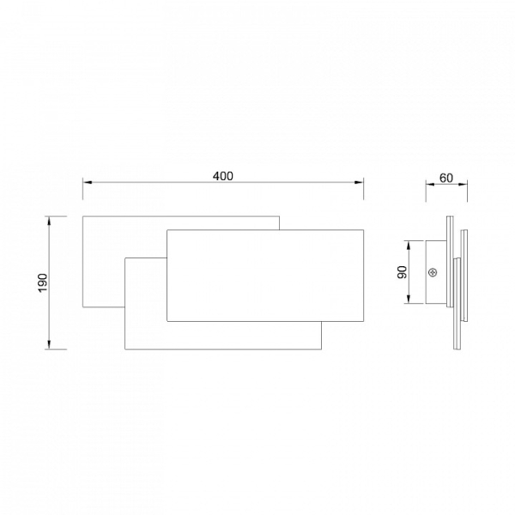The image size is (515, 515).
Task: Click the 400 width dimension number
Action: (x=223, y=176)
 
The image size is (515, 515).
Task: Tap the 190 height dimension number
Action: (x=43, y=282)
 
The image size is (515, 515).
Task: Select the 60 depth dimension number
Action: (x=446, y=178)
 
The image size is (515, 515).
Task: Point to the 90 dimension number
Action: (x=402, y=272)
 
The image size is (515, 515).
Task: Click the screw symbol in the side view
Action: (x=433, y=272)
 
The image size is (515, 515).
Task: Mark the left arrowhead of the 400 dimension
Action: (x=88, y=182)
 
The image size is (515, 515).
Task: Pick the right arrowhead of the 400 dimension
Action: (x=359, y=182)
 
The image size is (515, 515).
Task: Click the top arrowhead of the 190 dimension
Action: (x=49, y=221)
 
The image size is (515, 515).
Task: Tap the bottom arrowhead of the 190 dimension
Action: (x=49, y=345)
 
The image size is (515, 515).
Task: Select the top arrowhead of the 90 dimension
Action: (x=409, y=245)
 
